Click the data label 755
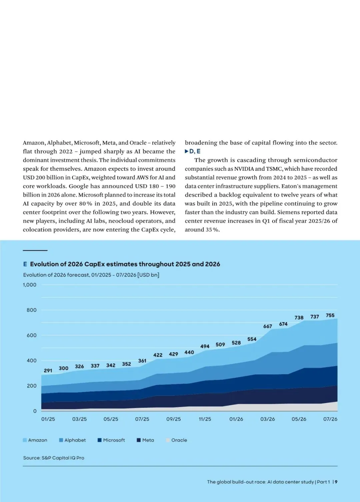click(330, 315)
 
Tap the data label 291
click(48, 371)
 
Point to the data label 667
click(267, 326)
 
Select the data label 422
click(158, 355)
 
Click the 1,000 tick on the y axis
click(29, 285)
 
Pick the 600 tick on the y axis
click(31, 335)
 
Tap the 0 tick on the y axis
click(35, 411)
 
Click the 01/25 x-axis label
click(48, 419)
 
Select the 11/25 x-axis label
click(205, 419)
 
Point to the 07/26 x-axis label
click(330, 419)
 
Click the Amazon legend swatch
click(25, 440)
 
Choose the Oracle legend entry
click(177, 440)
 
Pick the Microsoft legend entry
click(111, 440)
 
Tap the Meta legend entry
click(145, 440)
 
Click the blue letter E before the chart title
click(25, 264)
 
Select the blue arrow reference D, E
click(193, 151)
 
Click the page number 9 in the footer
click(336, 482)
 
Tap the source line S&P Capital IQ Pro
click(54, 458)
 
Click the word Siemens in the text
click(287, 212)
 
